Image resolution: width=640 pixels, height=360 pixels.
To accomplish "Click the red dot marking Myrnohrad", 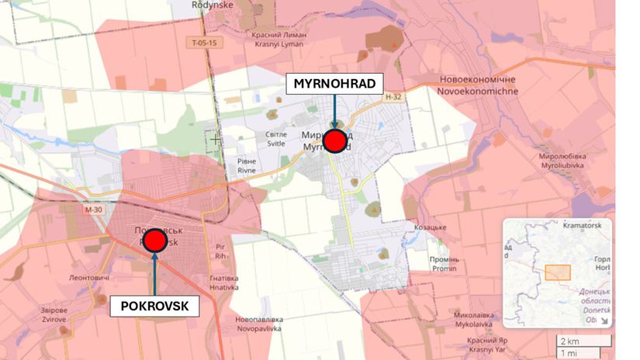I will [334, 141].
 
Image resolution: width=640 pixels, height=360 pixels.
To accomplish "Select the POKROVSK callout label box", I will [154, 306].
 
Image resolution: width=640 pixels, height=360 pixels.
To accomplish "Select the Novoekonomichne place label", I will [478, 85].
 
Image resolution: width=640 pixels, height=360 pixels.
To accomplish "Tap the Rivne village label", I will [235, 166].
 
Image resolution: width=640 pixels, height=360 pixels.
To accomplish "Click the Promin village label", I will [445, 264].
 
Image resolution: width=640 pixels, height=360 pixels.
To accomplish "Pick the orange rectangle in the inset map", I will [557, 272].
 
